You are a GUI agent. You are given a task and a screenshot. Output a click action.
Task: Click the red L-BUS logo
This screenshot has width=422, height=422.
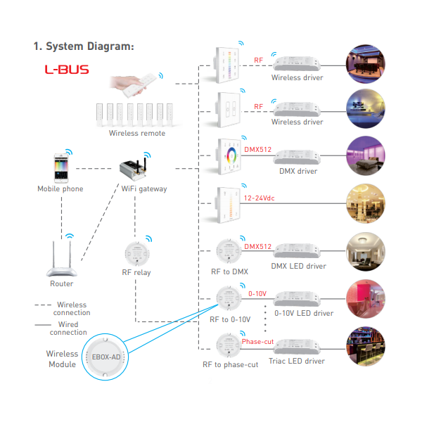point(67,70)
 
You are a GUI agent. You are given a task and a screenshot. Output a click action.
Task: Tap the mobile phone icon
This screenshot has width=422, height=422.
point(61,168)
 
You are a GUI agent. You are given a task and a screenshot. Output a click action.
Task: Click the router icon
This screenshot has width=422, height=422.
point(62,259)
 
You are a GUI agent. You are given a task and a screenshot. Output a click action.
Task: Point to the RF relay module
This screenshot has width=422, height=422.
point(137,254)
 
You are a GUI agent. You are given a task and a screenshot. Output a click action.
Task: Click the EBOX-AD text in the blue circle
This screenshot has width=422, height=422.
point(106,357)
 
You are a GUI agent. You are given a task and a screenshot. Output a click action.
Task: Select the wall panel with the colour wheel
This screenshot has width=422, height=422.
point(229,156)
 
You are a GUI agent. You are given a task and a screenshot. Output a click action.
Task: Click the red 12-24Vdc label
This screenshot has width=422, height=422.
point(259,198)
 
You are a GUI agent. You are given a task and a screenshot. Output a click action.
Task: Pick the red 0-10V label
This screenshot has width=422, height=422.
point(257,293)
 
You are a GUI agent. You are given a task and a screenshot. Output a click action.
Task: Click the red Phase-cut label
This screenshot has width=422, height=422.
point(257,342)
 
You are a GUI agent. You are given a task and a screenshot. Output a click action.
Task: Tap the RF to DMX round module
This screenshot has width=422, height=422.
point(229,251)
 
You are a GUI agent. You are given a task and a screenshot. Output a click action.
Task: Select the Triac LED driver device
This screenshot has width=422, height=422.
point(297,347)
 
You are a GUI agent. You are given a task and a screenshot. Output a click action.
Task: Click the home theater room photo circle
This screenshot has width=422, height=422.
point(366,64)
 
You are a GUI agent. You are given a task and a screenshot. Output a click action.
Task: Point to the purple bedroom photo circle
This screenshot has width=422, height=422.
point(366,156)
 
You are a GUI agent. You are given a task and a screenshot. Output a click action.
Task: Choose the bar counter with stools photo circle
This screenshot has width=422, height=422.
point(366,346)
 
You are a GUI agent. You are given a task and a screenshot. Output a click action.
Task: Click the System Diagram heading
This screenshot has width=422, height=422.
point(84,46)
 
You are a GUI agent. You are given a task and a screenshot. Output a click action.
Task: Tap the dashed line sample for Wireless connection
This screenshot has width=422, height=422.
point(43,305)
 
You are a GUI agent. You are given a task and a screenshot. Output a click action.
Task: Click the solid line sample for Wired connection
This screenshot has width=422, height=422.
point(43,325)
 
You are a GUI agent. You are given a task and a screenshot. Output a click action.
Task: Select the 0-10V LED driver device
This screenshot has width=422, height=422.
point(297,298)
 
